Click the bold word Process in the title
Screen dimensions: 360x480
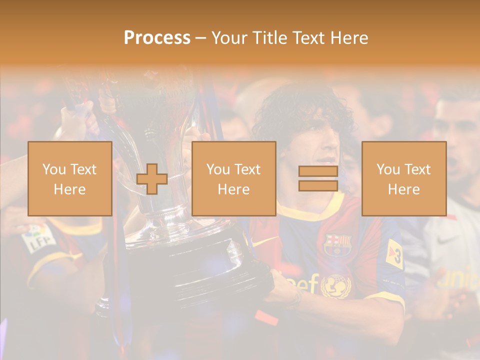(x=157, y=38)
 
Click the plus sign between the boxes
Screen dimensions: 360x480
(x=152, y=179)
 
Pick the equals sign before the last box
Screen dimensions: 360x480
(x=318, y=178)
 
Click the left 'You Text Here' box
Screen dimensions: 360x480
(x=69, y=178)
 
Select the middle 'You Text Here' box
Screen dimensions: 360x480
(x=233, y=178)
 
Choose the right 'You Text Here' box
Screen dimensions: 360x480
(x=403, y=178)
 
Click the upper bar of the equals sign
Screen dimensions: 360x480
(x=318, y=171)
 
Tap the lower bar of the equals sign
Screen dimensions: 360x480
(x=318, y=185)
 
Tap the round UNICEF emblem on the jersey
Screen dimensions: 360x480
(x=335, y=285)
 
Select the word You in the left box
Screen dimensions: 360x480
(x=54, y=169)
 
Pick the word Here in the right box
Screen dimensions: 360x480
(x=403, y=189)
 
